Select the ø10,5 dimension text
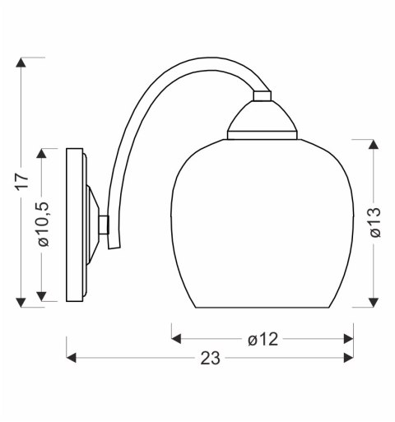pyautogui.click(x=46, y=225)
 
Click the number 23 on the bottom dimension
pyautogui.click(x=210, y=358)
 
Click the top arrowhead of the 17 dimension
pyautogui.click(x=22, y=63)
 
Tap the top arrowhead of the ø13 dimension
pyautogui.click(x=374, y=146)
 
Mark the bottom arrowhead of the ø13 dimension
pyautogui.click(x=374, y=302)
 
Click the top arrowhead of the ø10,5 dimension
pyautogui.click(x=46, y=155)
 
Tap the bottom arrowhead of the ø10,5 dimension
pyautogui.click(x=46, y=296)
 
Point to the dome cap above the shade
pyautogui.click(x=262, y=119)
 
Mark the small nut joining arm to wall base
pyautogui.click(x=104, y=225)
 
